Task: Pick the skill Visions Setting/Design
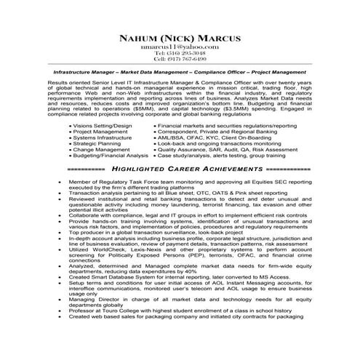(103, 125)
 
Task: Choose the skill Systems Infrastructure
(102, 137)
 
